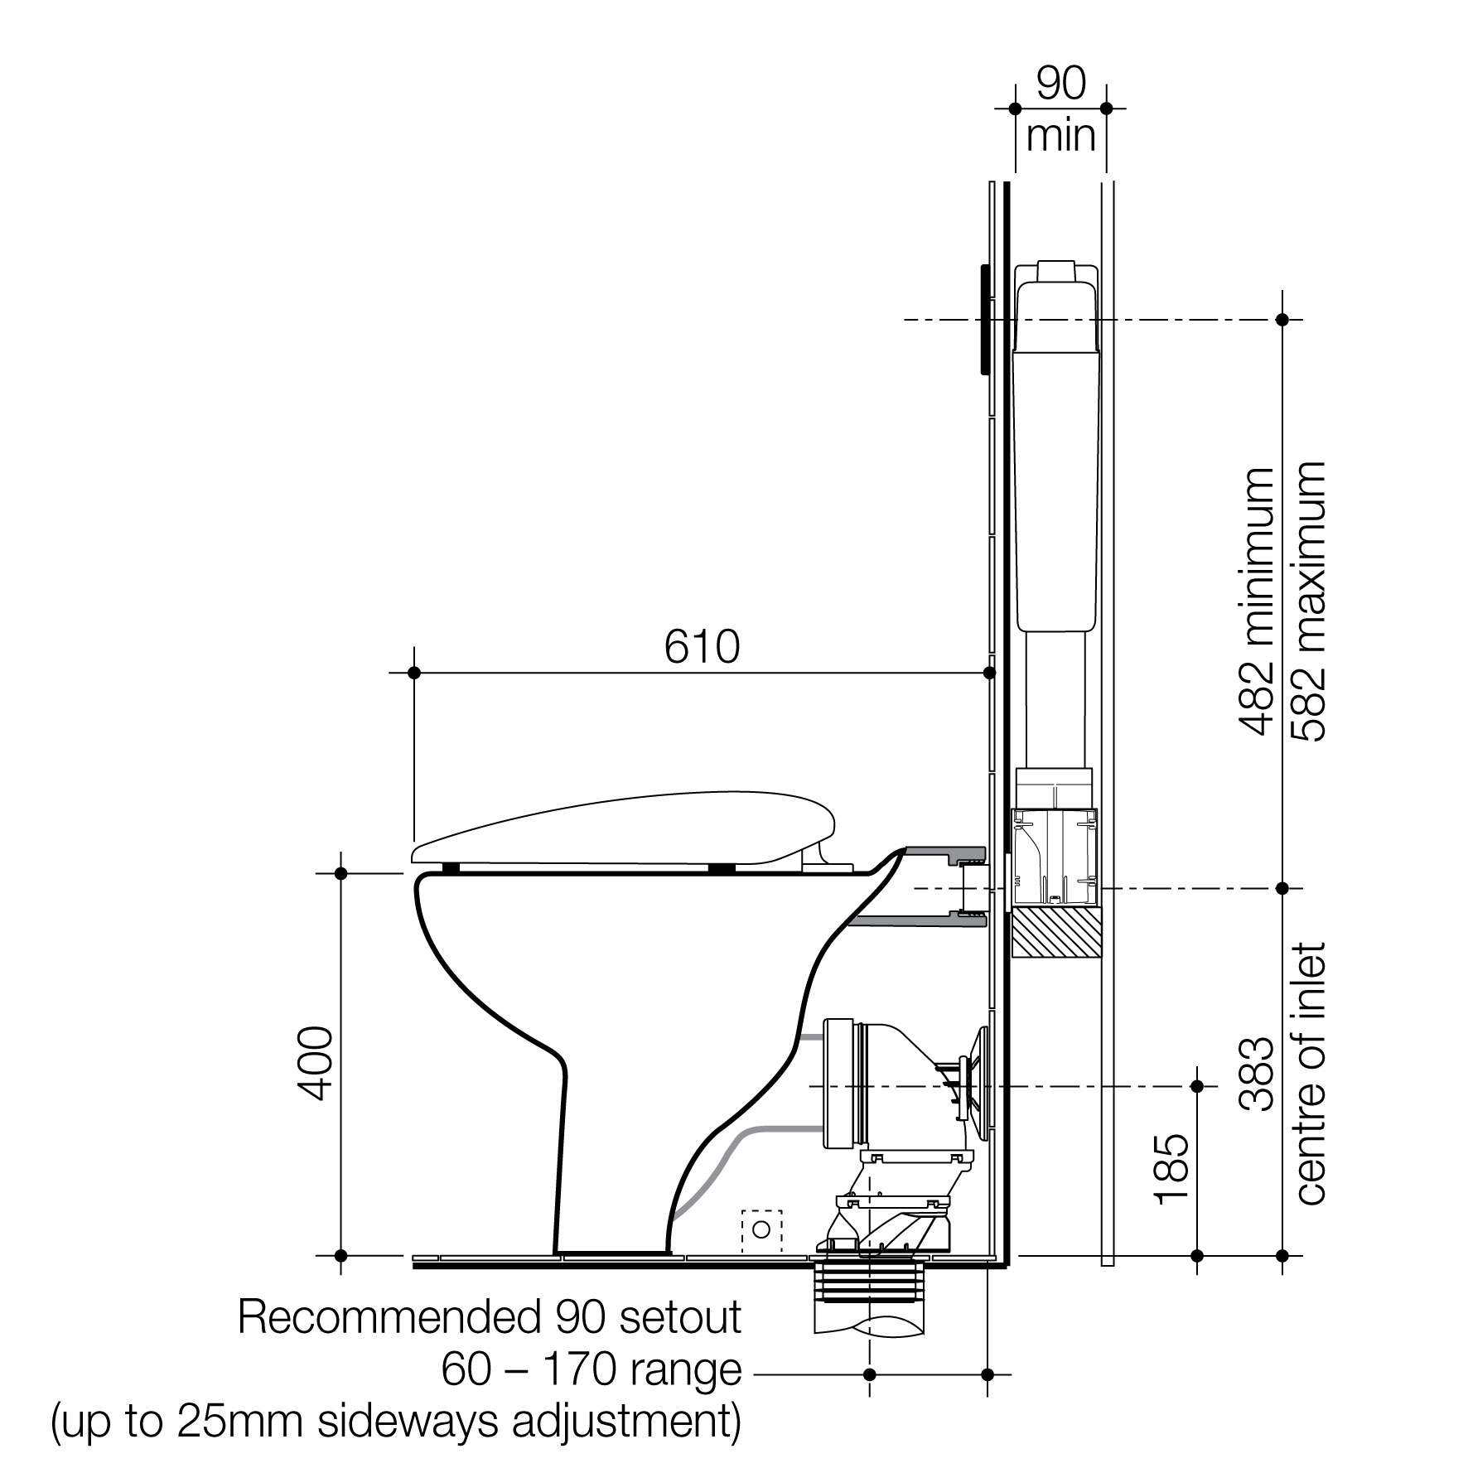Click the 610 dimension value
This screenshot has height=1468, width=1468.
click(702, 647)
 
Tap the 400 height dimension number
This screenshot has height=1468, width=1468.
click(316, 1064)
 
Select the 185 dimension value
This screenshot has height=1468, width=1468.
click(1173, 1168)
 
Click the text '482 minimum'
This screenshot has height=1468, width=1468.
click(1257, 602)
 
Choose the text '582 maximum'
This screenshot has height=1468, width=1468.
click(1309, 602)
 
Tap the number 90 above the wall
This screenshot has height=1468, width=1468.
click(1061, 85)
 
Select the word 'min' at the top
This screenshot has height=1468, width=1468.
click(1061, 138)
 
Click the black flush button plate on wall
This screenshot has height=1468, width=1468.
click(985, 320)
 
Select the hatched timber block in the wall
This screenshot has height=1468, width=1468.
click(1057, 934)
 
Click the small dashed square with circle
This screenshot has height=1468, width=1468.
click(761, 1231)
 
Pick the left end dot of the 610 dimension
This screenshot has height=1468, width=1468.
click(415, 673)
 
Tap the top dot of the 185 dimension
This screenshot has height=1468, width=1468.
click(1196, 1086)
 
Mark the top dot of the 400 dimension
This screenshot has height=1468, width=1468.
click(340, 873)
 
